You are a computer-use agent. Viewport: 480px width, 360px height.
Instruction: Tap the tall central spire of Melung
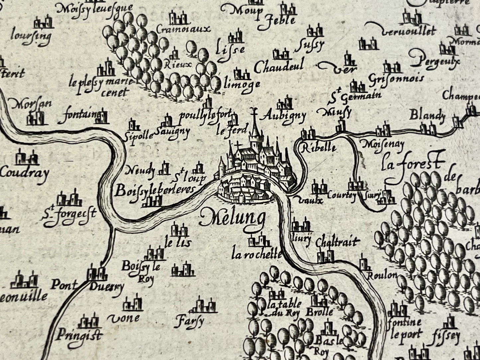tap(255, 126)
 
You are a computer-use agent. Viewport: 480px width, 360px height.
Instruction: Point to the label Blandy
tap(427, 116)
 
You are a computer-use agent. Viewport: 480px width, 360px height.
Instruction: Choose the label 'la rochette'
tap(256, 255)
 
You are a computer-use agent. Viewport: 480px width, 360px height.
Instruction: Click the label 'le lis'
tap(178, 243)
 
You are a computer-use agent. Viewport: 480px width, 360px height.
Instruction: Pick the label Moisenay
tap(382, 144)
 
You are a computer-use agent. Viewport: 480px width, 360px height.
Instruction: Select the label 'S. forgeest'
tap(68, 214)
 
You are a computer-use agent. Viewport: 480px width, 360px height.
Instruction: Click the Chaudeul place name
tap(279, 67)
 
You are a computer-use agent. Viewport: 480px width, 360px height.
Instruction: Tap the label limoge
tap(242, 84)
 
